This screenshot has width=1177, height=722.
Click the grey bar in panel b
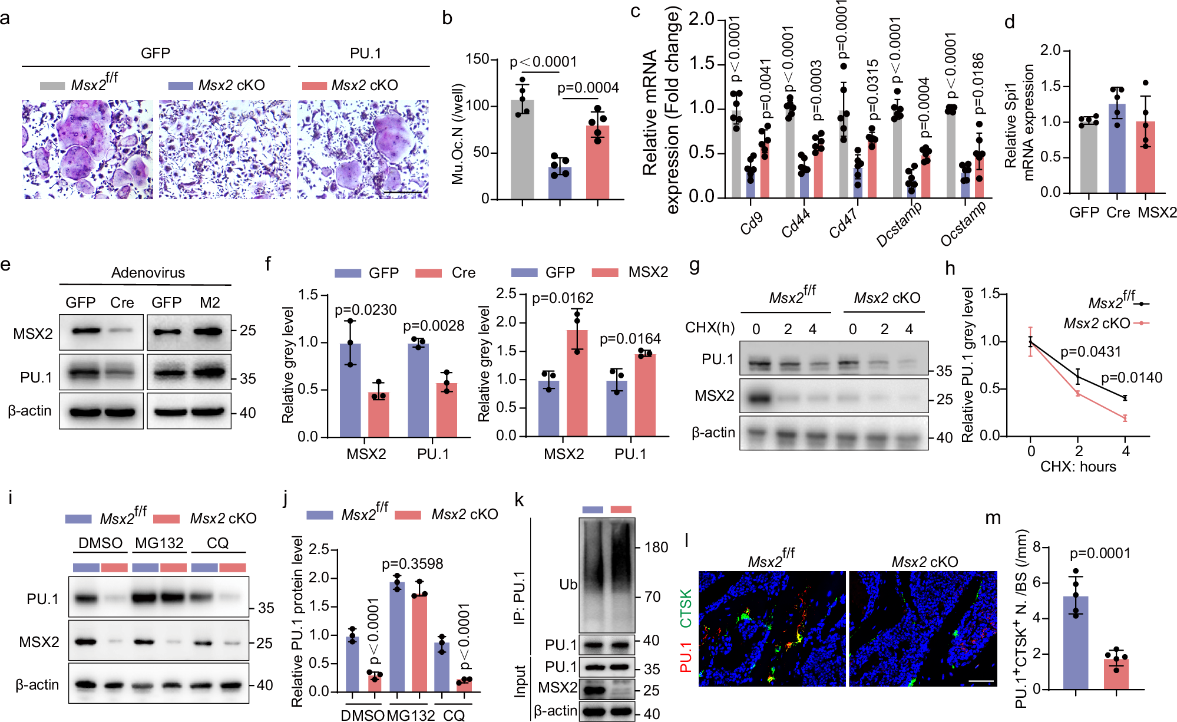522,150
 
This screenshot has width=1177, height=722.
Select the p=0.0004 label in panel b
588,88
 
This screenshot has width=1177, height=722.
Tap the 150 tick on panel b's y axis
477,59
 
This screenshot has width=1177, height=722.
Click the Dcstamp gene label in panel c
899,225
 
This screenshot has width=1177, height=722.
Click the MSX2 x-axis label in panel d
1157,213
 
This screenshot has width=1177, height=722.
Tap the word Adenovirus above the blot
148,273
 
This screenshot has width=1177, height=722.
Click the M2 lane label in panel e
210,303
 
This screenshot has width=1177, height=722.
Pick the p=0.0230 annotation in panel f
365,310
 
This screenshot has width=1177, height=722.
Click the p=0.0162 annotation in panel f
563,298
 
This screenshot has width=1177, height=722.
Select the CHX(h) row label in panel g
709,328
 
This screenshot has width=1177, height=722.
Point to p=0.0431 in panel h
1090,352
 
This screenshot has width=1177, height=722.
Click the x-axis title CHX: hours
1078,467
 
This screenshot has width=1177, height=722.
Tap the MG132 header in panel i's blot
159,543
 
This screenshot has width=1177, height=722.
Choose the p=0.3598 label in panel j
412,564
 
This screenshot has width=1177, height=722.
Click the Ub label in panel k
568,585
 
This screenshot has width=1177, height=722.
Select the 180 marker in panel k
656,548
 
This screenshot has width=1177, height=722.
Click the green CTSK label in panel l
686,609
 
